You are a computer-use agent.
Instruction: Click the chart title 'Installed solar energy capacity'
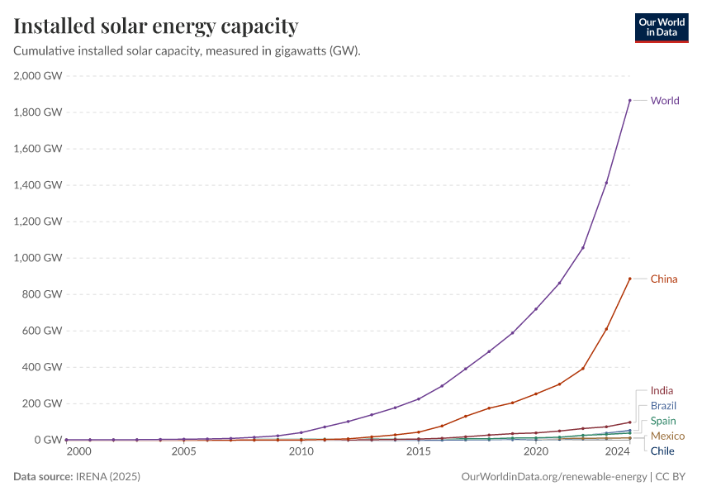click(156, 26)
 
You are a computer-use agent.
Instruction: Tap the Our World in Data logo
click(661, 27)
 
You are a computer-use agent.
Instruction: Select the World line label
click(665, 101)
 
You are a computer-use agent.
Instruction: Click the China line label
click(663, 279)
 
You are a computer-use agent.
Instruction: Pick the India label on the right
click(662, 390)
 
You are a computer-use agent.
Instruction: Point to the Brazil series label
click(663, 406)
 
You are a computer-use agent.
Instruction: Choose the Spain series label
click(662, 421)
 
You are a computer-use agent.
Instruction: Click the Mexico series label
click(666, 436)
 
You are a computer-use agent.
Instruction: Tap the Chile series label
click(662, 451)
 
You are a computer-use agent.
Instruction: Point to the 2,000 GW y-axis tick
click(38, 76)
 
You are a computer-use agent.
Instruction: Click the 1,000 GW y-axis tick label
click(38, 258)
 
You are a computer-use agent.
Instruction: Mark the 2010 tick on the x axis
click(301, 452)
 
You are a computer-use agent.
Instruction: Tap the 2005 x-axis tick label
click(183, 452)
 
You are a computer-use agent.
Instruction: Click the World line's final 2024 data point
click(629, 101)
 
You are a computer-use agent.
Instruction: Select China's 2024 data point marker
click(629, 279)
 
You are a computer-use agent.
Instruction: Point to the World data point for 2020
click(536, 309)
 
